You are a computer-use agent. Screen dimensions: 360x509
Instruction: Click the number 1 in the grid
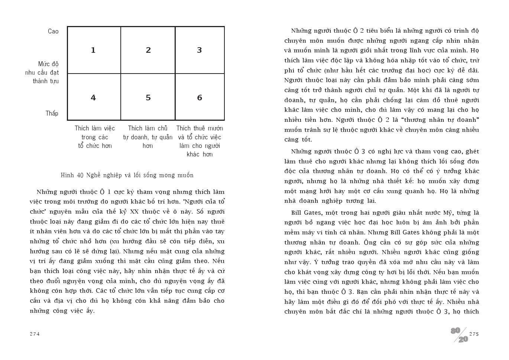point(93,50)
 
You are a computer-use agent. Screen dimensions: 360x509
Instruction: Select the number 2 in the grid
point(148,50)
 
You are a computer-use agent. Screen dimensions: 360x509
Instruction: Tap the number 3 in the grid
point(200,50)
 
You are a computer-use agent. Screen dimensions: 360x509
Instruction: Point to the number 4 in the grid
point(93,98)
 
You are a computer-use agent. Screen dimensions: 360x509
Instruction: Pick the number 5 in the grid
point(148,98)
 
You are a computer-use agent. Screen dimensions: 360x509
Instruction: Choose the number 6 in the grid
point(200,98)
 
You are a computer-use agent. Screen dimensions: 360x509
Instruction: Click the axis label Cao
point(53,32)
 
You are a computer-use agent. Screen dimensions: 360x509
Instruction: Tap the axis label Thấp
point(52,114)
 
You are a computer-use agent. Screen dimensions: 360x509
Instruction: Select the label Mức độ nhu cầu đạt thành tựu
point(42,72)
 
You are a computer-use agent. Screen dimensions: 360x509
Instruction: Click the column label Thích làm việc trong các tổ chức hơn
point(95,137)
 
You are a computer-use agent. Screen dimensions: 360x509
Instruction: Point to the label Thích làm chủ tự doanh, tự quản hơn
point(148,137)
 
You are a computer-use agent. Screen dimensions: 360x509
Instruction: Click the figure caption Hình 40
point(127,175)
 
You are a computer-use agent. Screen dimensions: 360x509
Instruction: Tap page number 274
point(35,334)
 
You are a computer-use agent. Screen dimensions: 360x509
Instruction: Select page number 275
point(474,334)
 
